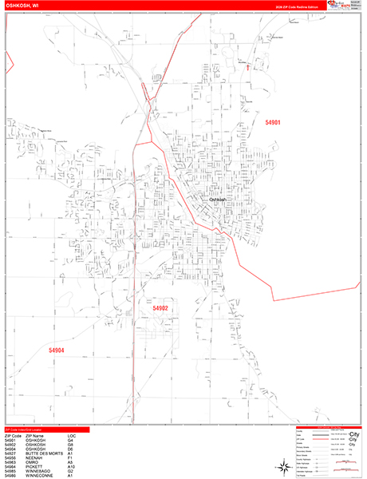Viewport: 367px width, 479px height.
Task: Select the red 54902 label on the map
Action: click(x=160, y=308)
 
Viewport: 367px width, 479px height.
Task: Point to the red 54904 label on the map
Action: click(x=56, y=350)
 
